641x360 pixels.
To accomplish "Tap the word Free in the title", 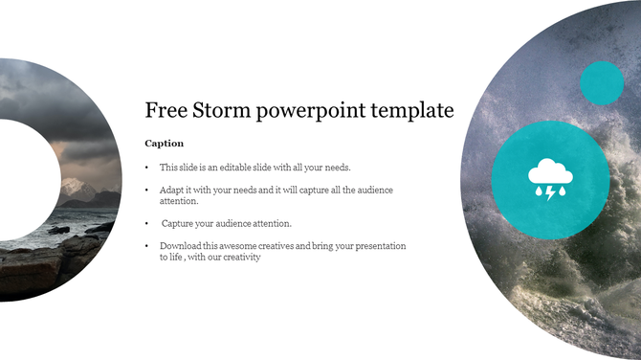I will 164,111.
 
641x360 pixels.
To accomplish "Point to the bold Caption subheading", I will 164,143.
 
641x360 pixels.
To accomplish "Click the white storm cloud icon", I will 550,173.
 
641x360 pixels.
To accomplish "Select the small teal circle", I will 602,82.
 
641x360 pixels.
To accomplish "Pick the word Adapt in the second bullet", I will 172,191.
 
